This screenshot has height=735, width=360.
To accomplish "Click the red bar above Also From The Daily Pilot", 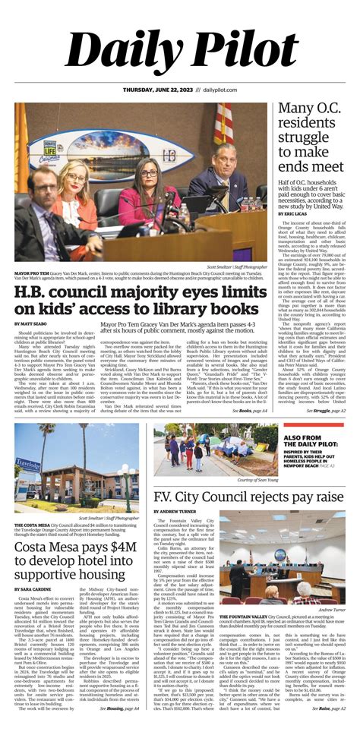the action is (318, 429).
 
